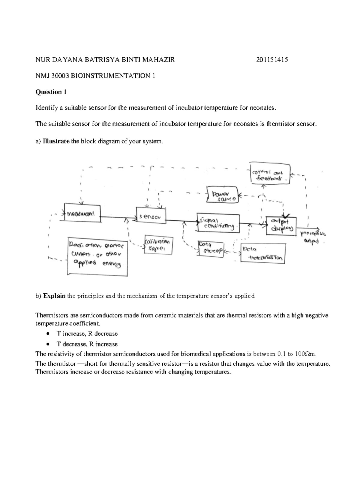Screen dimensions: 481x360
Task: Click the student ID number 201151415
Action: click(x=272, y=60)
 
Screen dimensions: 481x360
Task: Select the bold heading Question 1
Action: click(x=51, y=92)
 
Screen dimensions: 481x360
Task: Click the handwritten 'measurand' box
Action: click(x=82, y=213)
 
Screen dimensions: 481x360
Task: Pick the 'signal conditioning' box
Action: click(x=218, y=223)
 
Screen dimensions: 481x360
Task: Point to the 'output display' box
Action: click(x=281, y=225)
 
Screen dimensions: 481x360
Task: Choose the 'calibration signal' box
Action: click(x=158, y=245)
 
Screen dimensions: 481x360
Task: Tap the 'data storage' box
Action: click(x=210, y=248)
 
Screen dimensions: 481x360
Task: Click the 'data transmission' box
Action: click(x=263, y=253)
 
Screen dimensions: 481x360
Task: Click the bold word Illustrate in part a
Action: click(x=56, y=141)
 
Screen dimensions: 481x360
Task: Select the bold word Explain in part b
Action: click(x=54, y=296)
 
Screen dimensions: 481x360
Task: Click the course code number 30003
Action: click(x=61, y=76)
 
